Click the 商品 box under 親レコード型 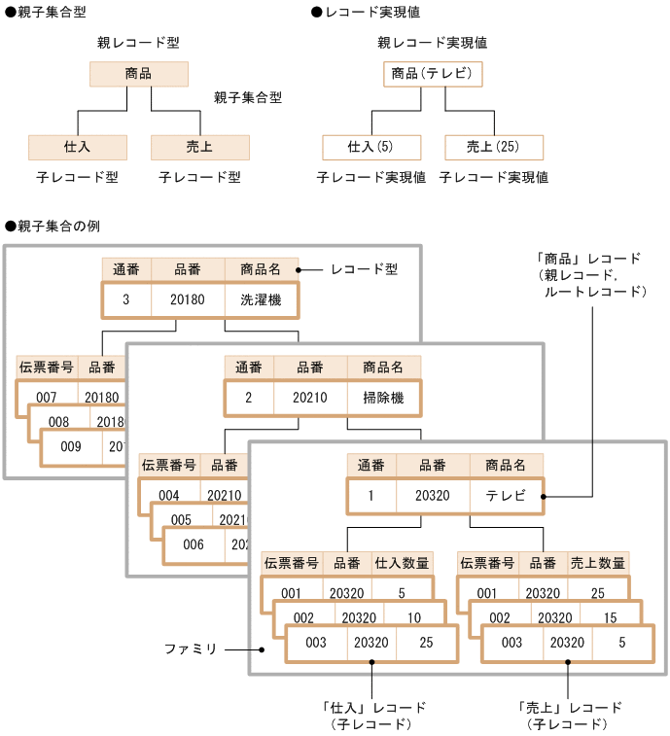click(x=138, y=75)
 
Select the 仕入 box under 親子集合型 click(x=77, y=147)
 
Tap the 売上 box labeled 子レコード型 click(x=199, y=147)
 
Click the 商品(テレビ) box click(x=433, y=75)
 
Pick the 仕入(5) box click(x=371, y=147)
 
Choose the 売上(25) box click(x=494, y=147)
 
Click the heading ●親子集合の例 click(x=53, y=226)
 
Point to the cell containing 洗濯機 click(x=261, y=299)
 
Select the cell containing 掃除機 click(x=383, y=398)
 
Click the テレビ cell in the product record click(x=506, y=496)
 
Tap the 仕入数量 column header click(x=402, y=563)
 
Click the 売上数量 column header click(x=598, y=563)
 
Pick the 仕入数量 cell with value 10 click(x=413, y=617)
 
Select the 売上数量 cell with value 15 click(x=610, y=617)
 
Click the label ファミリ click(x=190, y=648)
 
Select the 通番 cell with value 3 click(x=126, y=299)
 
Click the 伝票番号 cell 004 click(x=169, y=495)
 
